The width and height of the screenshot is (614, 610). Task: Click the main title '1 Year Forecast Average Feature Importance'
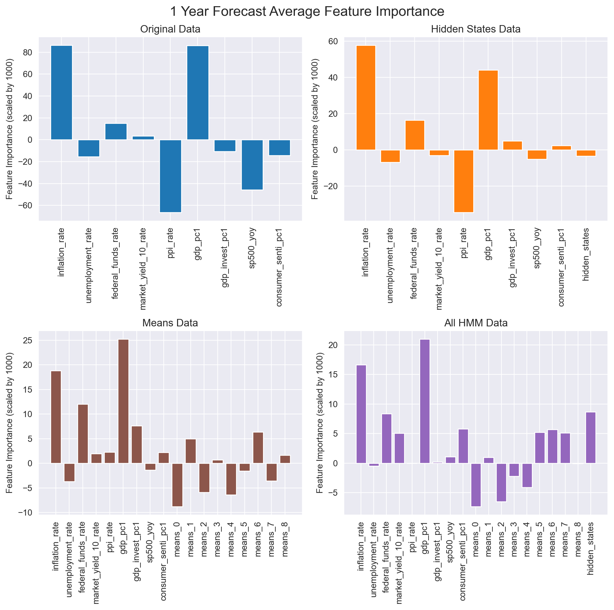click(307, 12)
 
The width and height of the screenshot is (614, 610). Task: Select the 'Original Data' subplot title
click(170, 29)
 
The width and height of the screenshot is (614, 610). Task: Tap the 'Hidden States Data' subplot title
click(476, 29)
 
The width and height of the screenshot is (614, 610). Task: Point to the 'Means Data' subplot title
click(170, 323)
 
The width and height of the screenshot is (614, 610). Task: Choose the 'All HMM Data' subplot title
click(476, 323)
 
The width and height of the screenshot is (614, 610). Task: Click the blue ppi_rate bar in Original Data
click(170, 176)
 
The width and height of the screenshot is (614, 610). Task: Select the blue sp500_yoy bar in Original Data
click(252, 165)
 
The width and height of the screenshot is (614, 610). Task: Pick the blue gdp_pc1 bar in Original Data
click(198, 93)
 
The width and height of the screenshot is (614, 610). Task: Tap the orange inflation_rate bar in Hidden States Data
click(366, 98)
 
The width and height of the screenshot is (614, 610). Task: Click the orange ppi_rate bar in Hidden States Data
click(464, 181)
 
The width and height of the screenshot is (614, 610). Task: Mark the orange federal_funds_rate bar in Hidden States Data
click(415, 135)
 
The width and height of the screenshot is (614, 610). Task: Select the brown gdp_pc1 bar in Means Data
click(123, 402)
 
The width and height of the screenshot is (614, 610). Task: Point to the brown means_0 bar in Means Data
click(177, 485)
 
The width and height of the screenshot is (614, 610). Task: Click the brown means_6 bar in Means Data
click(258, 448)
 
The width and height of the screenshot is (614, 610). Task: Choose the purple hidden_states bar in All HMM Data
click(590, 438)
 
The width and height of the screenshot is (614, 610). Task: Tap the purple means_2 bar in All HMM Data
click(501, 482)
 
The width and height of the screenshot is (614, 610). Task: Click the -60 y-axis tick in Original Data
click(28, 206)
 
